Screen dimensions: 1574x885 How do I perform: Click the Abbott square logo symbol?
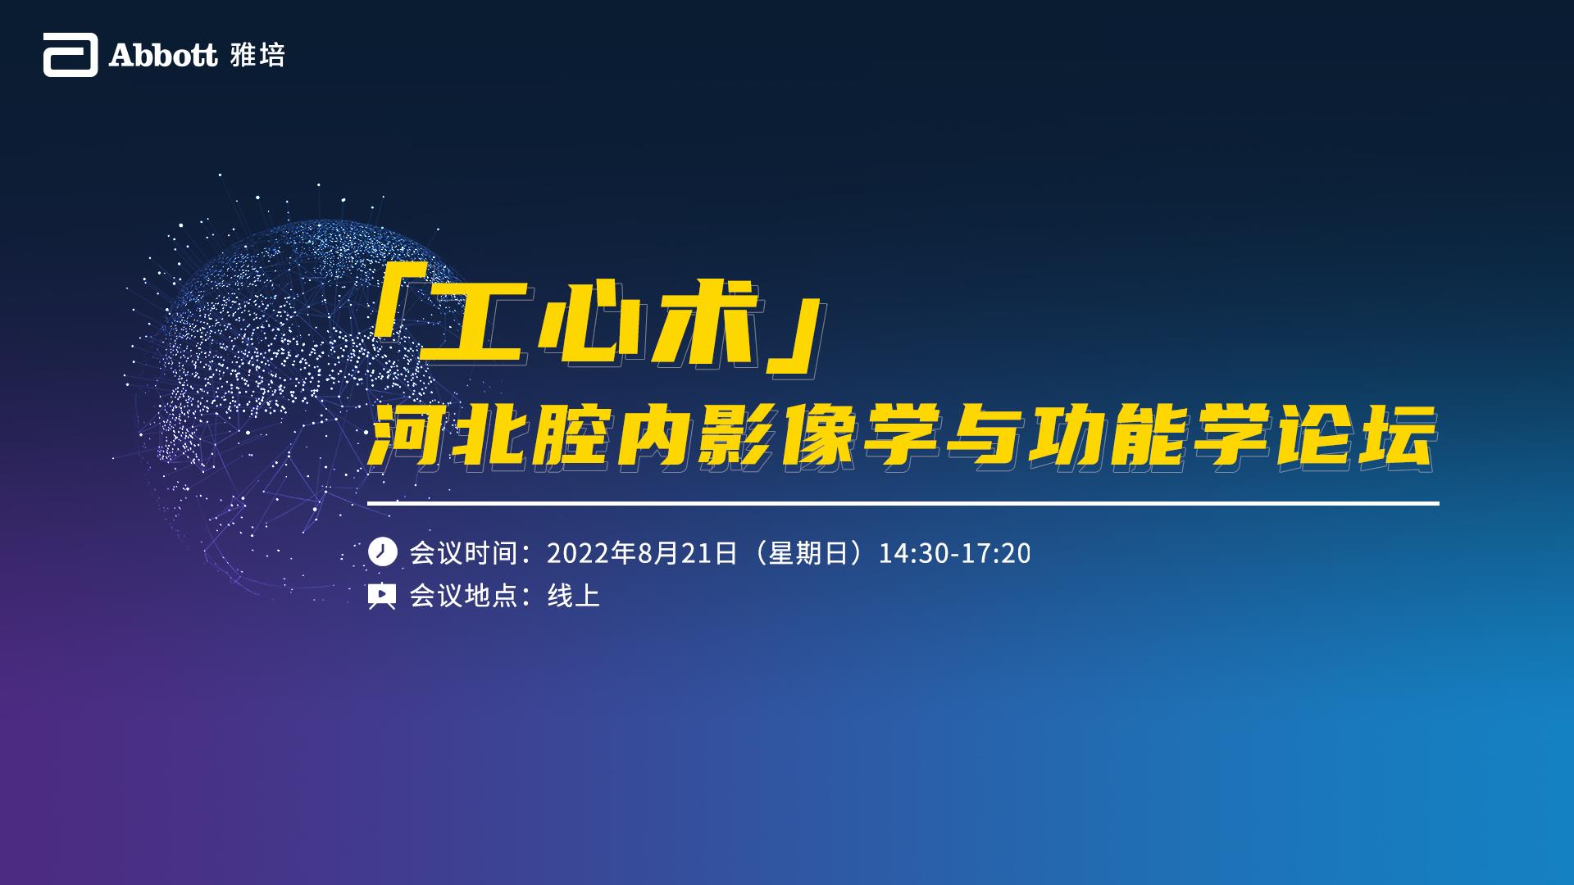point(71,55)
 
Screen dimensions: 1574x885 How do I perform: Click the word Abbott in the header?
point(163,55)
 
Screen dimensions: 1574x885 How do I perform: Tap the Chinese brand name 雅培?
point(257,55)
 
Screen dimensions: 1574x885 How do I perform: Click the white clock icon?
point(382,552)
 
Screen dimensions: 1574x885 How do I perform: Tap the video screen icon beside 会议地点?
point(382,596)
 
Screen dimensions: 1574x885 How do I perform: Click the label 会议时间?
point(464,553)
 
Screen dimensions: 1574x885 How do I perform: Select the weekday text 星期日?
point(808,553)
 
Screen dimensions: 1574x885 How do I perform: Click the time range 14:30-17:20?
point(955,553)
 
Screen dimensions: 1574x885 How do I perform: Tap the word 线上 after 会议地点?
point(574,596)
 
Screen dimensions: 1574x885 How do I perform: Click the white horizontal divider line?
point(903,503)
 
